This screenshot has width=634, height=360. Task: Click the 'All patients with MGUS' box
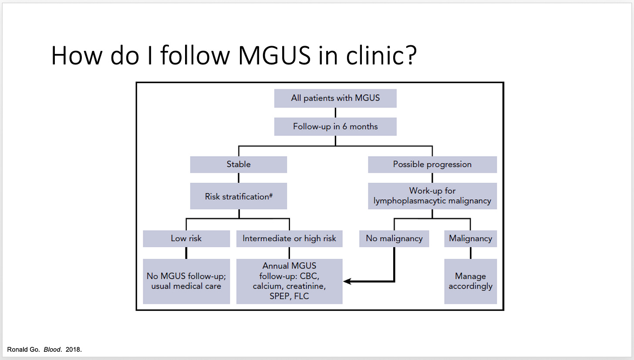(x=335, y=98)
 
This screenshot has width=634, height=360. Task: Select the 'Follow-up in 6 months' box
(x=335, y=127)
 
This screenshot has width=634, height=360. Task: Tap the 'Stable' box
(x=239, y=165)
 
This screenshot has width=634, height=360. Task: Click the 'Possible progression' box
(x=432, y=165)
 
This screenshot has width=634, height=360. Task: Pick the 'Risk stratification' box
(x=239, y=196)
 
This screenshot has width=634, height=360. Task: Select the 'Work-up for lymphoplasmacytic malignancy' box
(x=432, y=196)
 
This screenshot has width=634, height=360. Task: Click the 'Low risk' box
(x=186, y=239)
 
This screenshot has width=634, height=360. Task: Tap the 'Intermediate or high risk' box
(x=289, y=239)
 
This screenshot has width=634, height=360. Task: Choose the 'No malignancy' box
(x=394, y=239)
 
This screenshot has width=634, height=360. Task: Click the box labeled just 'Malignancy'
(x=470, y=239)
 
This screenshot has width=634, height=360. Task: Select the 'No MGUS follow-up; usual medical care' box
(x=186, y=281)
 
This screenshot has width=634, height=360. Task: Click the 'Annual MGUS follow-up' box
(x=289, y=281)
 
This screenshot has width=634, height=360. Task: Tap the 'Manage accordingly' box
(x=470, y=281)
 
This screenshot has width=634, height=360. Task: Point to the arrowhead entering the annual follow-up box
(x=347, y=282)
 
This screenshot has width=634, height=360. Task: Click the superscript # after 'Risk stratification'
(x=271, y=195)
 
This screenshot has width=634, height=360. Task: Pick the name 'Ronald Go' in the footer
(x=24, y=350)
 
